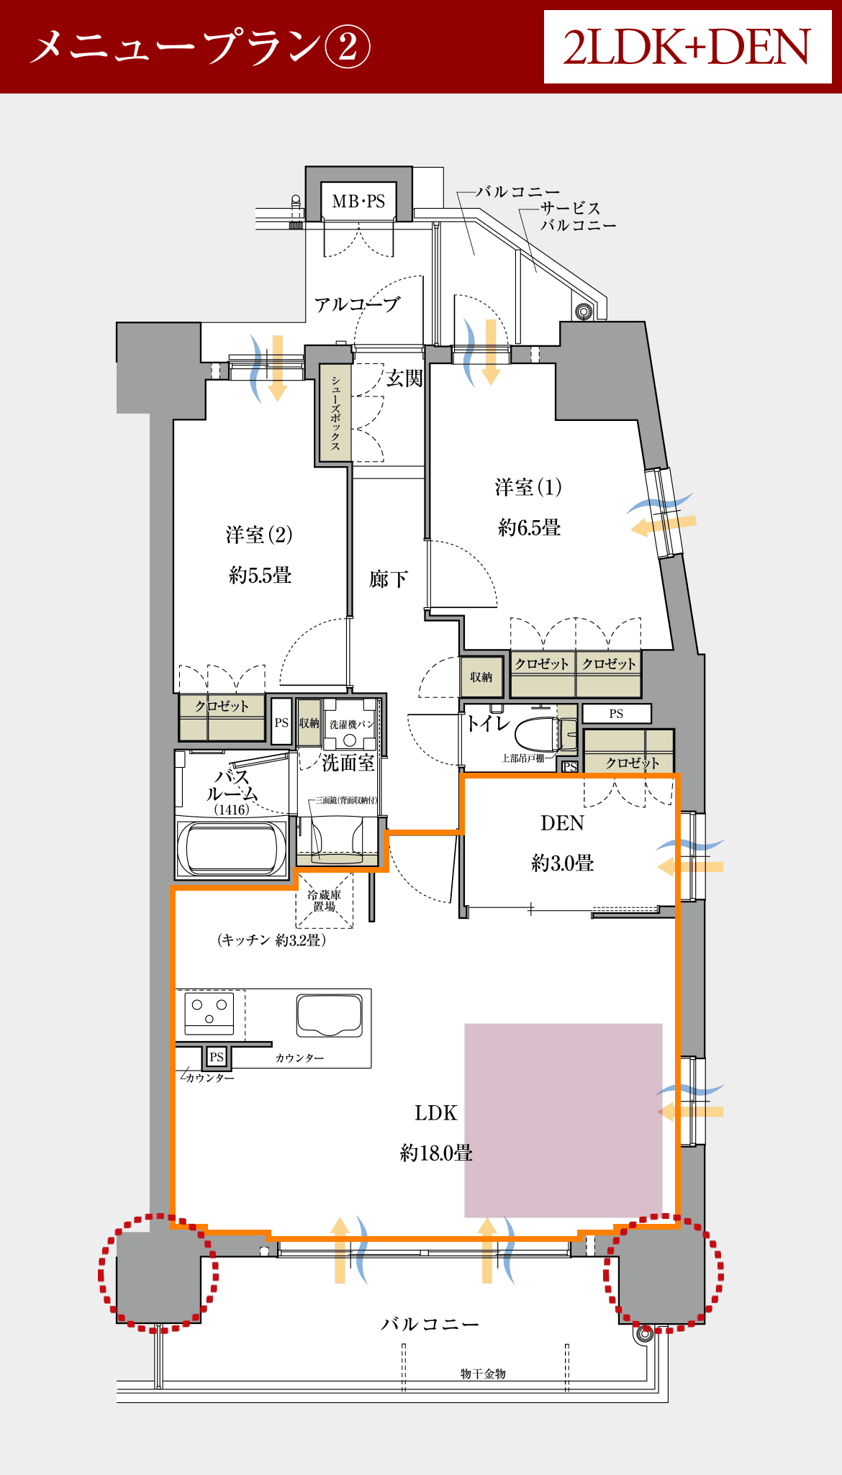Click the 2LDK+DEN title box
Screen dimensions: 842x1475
tap(687, 47)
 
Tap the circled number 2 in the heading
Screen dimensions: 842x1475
tap(348, 47)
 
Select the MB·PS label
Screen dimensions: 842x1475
tap(358, 201)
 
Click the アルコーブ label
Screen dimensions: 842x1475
tap(357, 304)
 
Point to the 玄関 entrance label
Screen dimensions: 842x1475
tap(404, 378)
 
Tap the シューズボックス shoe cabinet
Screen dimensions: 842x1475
tap(335, 412)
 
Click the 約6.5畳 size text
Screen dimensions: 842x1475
tap(529, 527)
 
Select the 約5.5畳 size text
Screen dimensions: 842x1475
tap(260, 575)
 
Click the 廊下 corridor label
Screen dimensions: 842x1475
tap(389, 579)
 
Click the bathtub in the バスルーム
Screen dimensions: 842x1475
tap(232, 847)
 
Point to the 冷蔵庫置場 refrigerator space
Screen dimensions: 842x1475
tap(325, 900)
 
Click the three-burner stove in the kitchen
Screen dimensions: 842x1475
tap(209, 1012)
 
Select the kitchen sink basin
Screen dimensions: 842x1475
tap(330, 1015)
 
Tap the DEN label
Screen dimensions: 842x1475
tap(563, 823)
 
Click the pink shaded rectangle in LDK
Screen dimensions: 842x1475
tap(563, 1120)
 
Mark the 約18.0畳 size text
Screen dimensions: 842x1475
tap(436, 1153)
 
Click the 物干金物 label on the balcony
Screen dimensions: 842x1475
tap(483, 1374)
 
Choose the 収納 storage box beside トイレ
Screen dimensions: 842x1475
tap(481, 677)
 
